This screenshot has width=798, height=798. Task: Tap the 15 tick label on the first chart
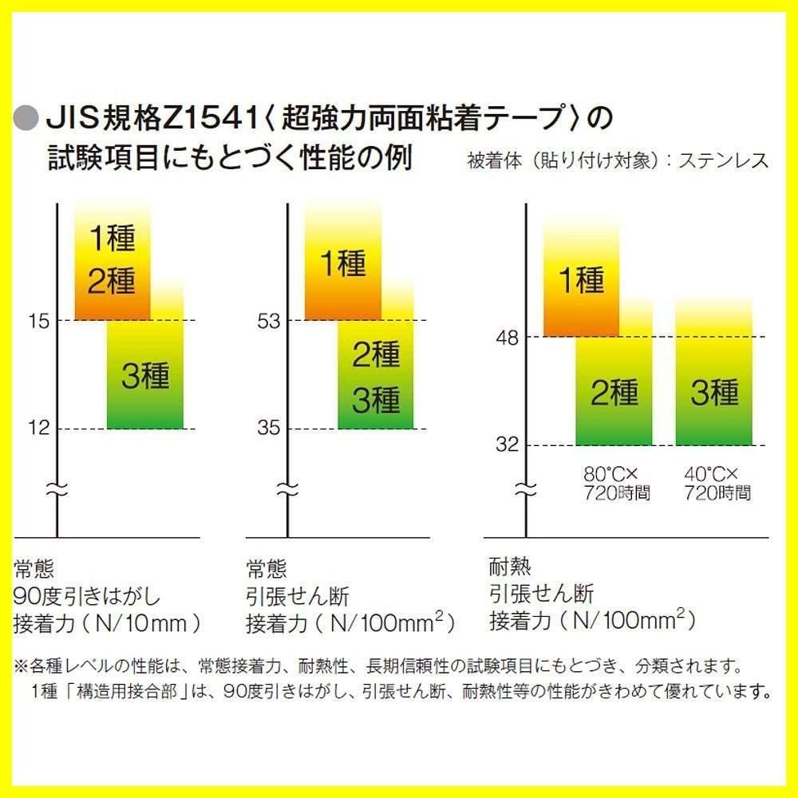(x=38, y=322)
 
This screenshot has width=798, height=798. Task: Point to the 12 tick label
(x=38, y=429)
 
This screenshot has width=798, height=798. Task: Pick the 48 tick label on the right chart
(x=506, y=338)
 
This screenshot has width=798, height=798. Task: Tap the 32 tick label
(x=506, y=445)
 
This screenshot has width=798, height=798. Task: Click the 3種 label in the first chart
(x=145, y=375)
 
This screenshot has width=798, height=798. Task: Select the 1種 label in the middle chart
(x=343, y=263)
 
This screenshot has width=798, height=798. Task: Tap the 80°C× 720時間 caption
(x=617, y=483)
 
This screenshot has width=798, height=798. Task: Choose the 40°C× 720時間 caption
(x=717, y=483)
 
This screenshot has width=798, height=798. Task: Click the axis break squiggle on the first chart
(x=57, y=488)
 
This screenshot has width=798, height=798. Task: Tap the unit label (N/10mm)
(x=151, y=622)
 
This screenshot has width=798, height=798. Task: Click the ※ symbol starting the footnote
(x=22, y=665)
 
